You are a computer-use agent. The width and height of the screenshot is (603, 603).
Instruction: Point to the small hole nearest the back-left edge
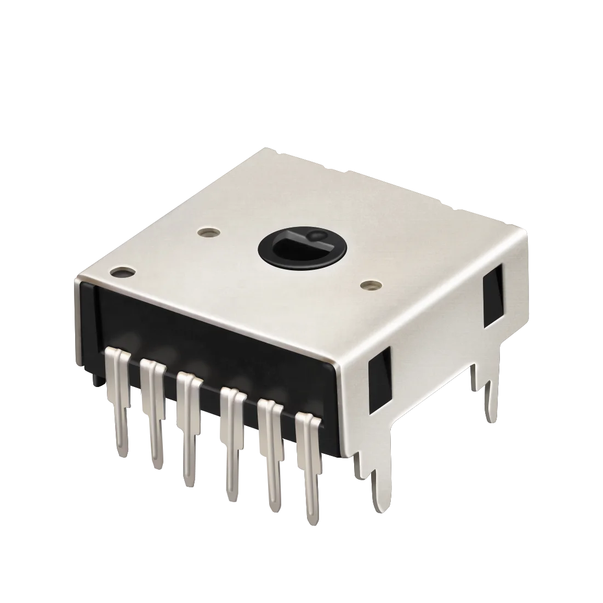click(x=207, y=232)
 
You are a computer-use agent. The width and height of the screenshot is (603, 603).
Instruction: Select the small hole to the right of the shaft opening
click(x=373, y=285)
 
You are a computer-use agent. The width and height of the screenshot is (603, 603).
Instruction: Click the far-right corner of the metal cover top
click(x=525, y=230)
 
